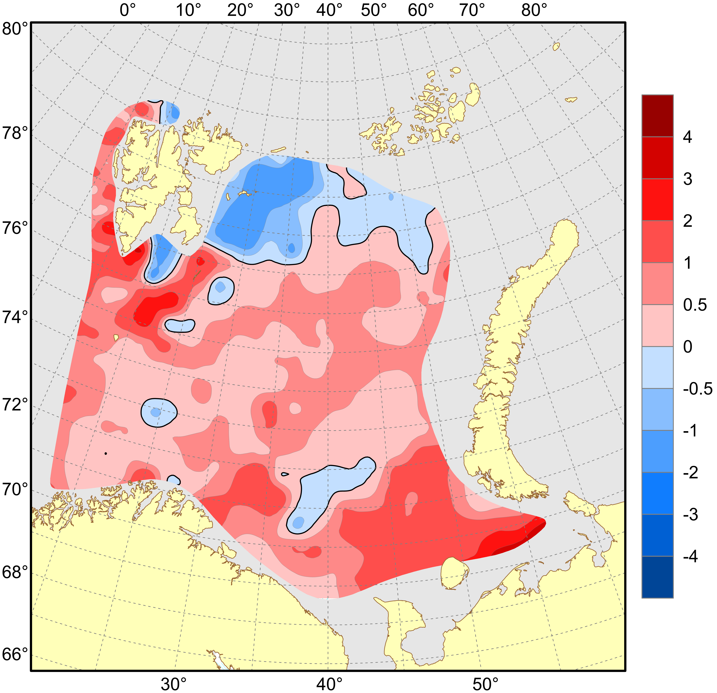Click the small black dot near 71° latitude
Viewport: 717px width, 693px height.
click(106, 454)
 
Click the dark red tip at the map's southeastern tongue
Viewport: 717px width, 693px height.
click(527, 540)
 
